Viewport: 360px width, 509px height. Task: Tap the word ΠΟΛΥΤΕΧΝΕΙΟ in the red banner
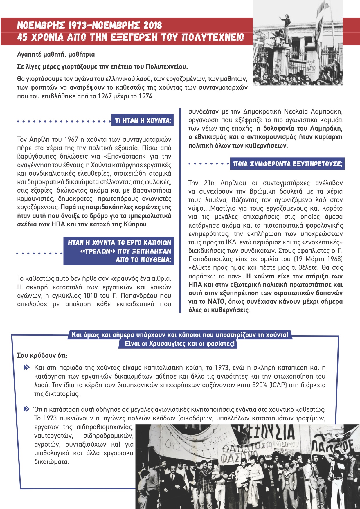point(213,38)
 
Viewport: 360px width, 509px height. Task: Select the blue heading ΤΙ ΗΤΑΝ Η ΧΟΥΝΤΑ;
point(143,121)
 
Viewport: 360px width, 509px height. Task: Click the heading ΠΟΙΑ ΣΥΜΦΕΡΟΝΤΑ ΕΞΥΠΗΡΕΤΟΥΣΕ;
point(287,164)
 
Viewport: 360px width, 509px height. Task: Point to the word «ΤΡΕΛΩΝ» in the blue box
point(98,251)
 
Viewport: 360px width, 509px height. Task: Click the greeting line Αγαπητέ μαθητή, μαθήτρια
point(56,54)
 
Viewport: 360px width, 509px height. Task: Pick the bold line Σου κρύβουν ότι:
point(42,355)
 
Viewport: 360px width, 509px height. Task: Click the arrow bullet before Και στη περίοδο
point(26,368)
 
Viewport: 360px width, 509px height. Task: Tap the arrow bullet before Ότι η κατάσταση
point(26,409)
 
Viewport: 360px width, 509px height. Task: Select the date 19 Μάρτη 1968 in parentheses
point(318,259)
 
